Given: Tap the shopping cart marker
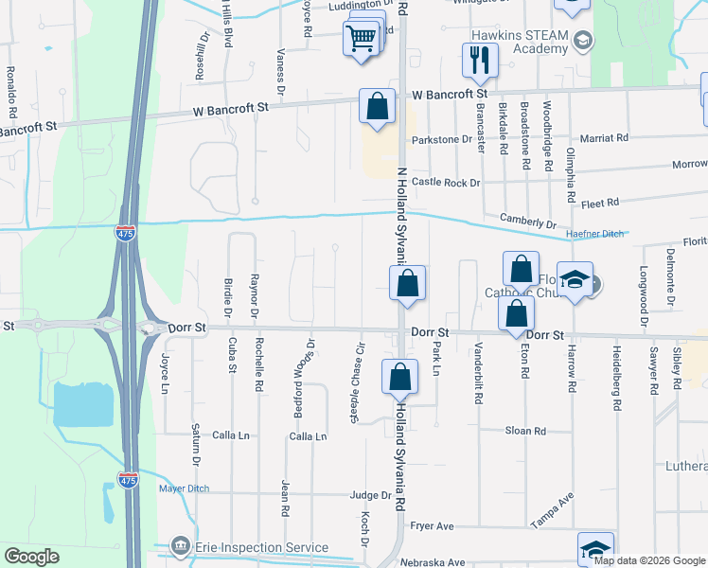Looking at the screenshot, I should pos(362,40).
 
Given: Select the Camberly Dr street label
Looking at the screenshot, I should pos(528,222).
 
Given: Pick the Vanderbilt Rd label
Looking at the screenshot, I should pos(479,374).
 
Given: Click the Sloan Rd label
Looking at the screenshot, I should pos(525,430).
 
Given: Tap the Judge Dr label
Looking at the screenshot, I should pos(370,495).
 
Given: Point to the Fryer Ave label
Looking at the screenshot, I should pos(432,525).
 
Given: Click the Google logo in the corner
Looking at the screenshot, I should pos(31,556).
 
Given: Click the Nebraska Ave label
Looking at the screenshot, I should pos(433,562).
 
